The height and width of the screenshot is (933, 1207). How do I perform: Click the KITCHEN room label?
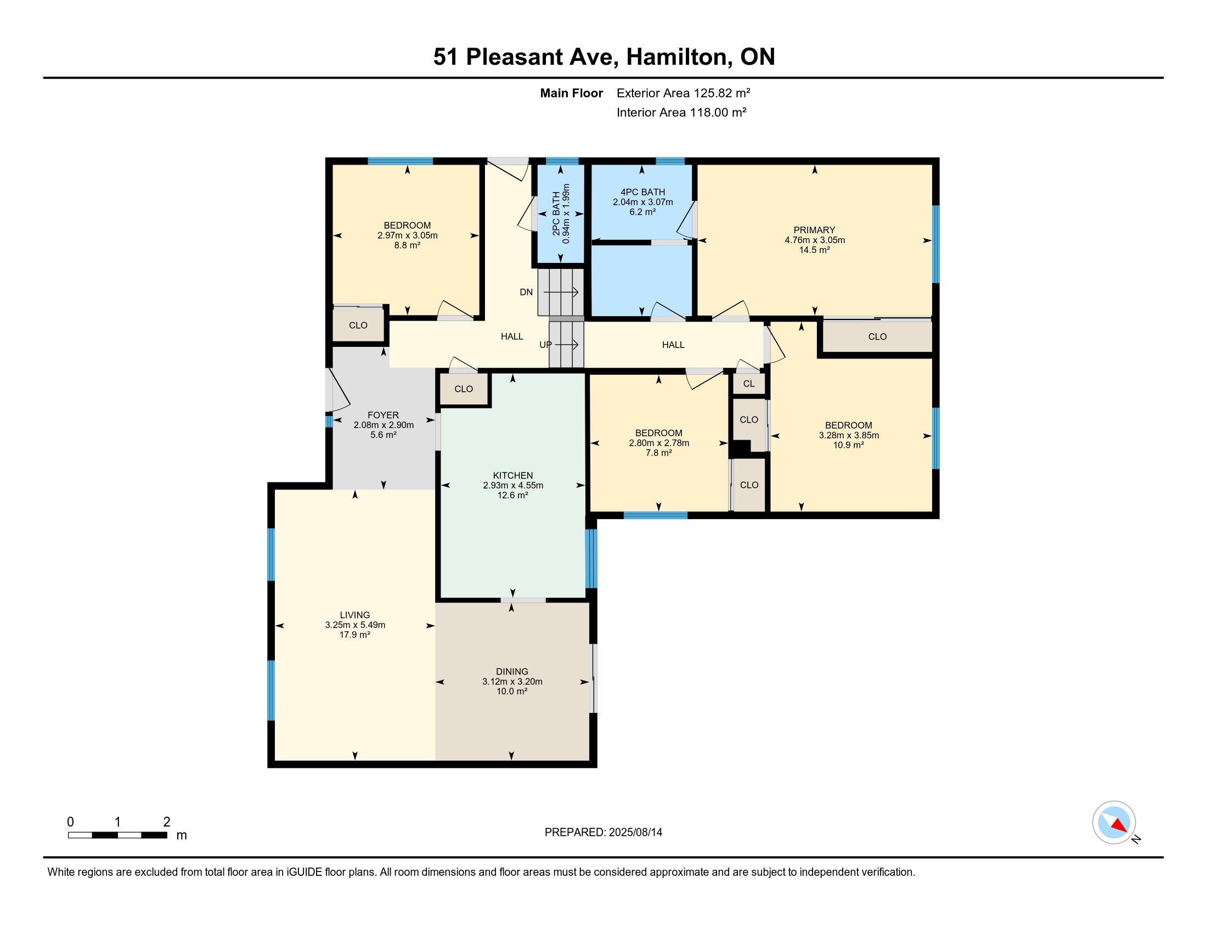pyautogui.click(x=513, y=475)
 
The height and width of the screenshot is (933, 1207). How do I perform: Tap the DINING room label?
pyautogui.click(x=512, y=672)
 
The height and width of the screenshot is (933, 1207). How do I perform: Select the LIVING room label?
pyautogui.click(x=355, y=615)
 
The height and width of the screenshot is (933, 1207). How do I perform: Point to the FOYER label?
pyautogui.click(x=383, y=415)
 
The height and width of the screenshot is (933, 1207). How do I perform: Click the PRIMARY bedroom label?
pyautogui.click(x=814, y=230)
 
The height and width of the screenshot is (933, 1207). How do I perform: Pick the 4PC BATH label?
pyautogui.click(x=643, y=192)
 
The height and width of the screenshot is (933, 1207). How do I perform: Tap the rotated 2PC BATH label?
pyautogui.click(x=556, y=213)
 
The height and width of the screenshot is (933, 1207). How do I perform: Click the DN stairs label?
pyautogui.click(x=526, y=292)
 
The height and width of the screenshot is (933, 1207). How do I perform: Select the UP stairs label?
pyautogui.click(x=545, y=345)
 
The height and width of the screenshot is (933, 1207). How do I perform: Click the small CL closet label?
pyautogui.click(x=749, y=384)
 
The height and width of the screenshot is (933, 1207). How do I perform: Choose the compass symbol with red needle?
pyautogui.click(x=1114, y=822)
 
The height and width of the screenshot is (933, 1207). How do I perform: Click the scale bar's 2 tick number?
pyautogui.click(x=167, y=822)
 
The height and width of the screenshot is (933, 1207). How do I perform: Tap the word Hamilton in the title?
pyautogui.click(x=677, y=57)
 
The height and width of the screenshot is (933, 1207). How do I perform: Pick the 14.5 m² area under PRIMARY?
pyautogui.click(x=815, y=250)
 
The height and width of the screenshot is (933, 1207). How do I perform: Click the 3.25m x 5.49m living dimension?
pyautogui.click(x=355, y=625)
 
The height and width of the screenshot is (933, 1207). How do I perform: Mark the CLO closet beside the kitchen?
pyautogui.click(x=464, y=389)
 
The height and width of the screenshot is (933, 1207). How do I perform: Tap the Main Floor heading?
pyautogui.click(x=572, y=93)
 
